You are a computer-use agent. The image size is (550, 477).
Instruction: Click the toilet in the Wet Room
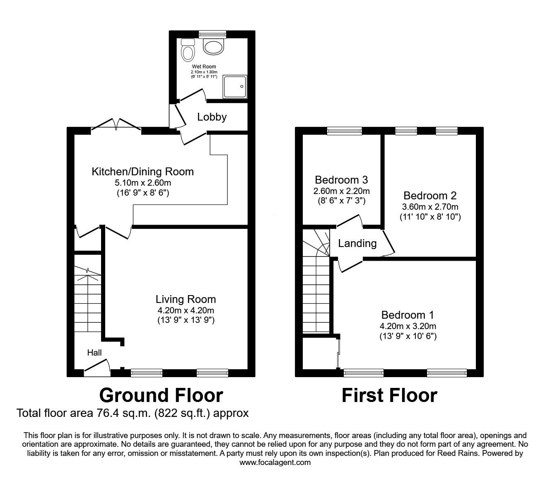(x=188, y=50)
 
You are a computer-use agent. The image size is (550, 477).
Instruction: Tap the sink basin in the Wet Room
(x=214, y=47)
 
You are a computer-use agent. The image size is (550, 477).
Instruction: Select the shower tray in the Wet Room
(x=235, y=87)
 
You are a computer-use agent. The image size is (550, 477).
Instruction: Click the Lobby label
(x=212, y=117)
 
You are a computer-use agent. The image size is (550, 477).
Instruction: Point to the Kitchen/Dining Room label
(x=142, y=171)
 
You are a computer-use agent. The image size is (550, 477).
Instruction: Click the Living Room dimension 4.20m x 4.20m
(x=186, y=310)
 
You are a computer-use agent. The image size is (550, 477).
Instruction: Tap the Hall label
(x=94, y=353)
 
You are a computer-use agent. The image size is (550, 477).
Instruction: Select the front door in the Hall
(x=97, y=368)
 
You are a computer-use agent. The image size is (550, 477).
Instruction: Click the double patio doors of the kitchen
(x=116, y=124)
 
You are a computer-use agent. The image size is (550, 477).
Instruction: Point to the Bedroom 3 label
(x=341, y=180)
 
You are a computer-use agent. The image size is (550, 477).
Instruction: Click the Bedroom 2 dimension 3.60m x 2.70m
(x=431, y=206)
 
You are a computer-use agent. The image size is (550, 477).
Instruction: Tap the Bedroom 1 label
(x=408, y=315)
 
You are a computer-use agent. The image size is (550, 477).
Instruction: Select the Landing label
(x=357, y=243)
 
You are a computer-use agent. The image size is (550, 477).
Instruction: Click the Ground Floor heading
(x=161, y=395)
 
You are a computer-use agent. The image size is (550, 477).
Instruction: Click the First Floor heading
(x=389, y=395)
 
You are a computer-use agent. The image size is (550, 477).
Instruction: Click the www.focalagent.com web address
(x=275, y=462)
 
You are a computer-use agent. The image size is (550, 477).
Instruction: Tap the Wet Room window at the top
(x=212, y=34)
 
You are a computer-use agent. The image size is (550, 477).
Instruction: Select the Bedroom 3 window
(x=344, y=131)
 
